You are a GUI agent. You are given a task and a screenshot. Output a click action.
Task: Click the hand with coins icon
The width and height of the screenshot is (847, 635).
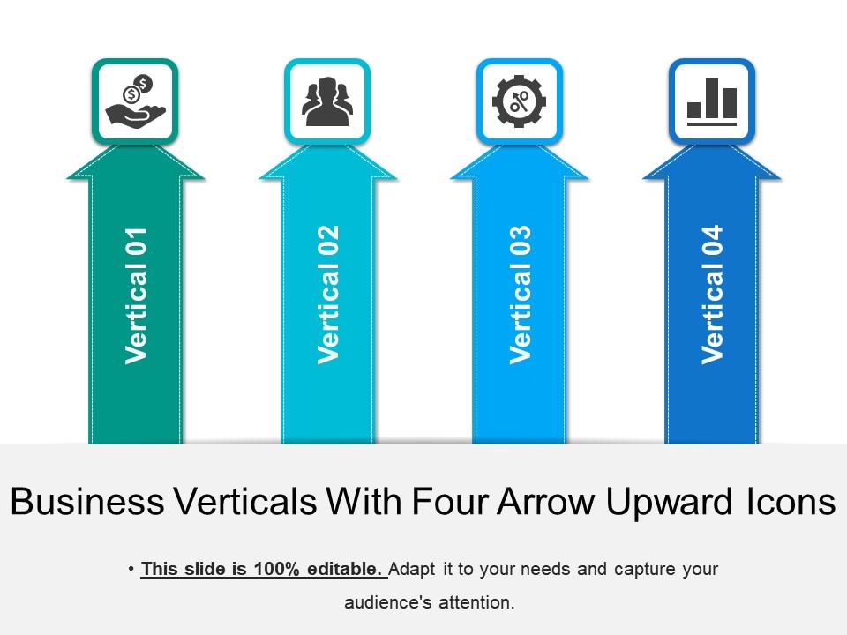(x=135, y=101)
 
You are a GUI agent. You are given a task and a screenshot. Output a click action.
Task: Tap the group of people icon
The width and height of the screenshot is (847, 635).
(x=327, y=101)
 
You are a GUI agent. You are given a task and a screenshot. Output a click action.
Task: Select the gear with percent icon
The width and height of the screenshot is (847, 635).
(x=520, y=101)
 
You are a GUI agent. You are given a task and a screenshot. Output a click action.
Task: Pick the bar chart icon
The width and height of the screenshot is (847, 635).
(x=711, y=101)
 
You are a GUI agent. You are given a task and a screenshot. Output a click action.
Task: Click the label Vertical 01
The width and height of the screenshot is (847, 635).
(x=136, y=295)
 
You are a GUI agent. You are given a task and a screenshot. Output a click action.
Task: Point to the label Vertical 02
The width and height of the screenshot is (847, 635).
(x=328, y=295)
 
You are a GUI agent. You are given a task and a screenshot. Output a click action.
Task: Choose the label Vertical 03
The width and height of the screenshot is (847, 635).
(x=521, y=295)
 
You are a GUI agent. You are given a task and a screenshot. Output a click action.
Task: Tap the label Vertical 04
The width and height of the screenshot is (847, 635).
(x=712, y=295)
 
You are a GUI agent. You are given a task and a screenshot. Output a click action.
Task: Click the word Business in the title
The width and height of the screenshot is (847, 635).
(x=87, y=503)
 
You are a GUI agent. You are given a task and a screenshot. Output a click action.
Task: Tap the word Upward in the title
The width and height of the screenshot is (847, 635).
(x=670, y=503)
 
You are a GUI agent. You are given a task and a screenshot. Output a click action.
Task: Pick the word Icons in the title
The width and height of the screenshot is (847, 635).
(x=785, y=503)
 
